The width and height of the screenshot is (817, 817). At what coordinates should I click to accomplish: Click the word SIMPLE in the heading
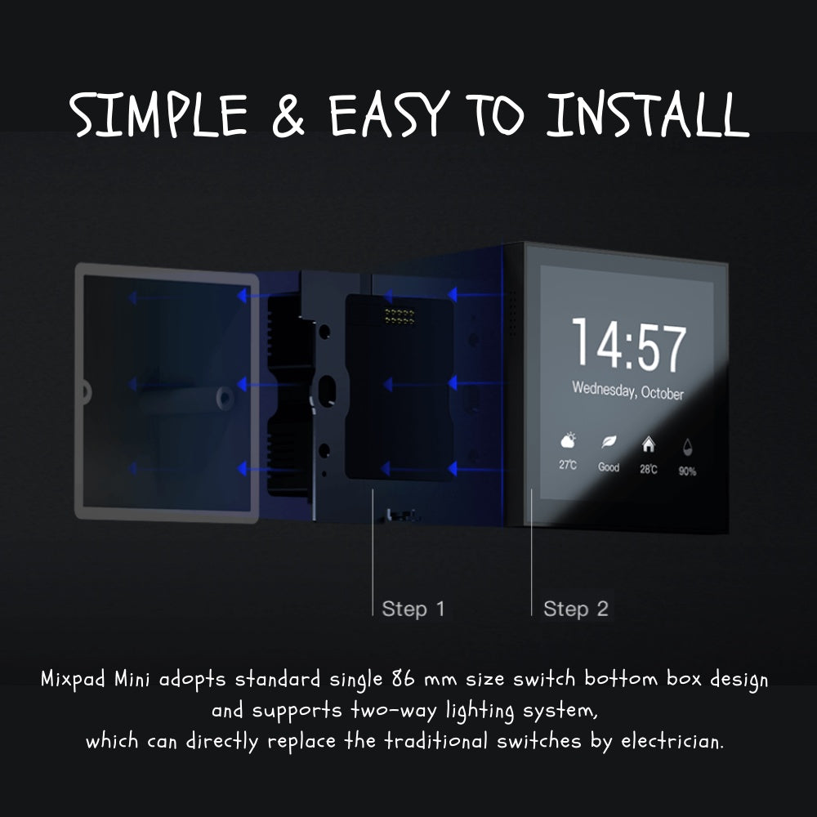158,114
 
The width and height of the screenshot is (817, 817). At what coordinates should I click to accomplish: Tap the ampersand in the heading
288,116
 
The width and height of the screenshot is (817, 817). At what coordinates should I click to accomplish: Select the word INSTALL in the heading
648,114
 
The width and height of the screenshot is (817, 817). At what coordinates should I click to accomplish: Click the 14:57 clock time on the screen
629,345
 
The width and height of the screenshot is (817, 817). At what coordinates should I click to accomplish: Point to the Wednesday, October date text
627,391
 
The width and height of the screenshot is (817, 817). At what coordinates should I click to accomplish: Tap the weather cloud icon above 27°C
568,441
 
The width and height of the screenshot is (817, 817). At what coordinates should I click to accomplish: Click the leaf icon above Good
609,442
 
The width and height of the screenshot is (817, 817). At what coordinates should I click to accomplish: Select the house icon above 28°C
648,444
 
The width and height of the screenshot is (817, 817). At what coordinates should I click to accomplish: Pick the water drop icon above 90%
687,447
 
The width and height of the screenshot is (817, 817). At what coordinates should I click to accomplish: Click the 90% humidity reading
687,471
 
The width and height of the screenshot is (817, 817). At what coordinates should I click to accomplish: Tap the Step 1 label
413,609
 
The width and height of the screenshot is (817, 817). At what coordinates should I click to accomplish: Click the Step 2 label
576,609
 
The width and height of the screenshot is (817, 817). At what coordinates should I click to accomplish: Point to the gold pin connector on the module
400,315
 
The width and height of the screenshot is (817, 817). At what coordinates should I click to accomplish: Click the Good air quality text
609,467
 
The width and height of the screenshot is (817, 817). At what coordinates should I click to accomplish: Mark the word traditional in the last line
436,740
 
